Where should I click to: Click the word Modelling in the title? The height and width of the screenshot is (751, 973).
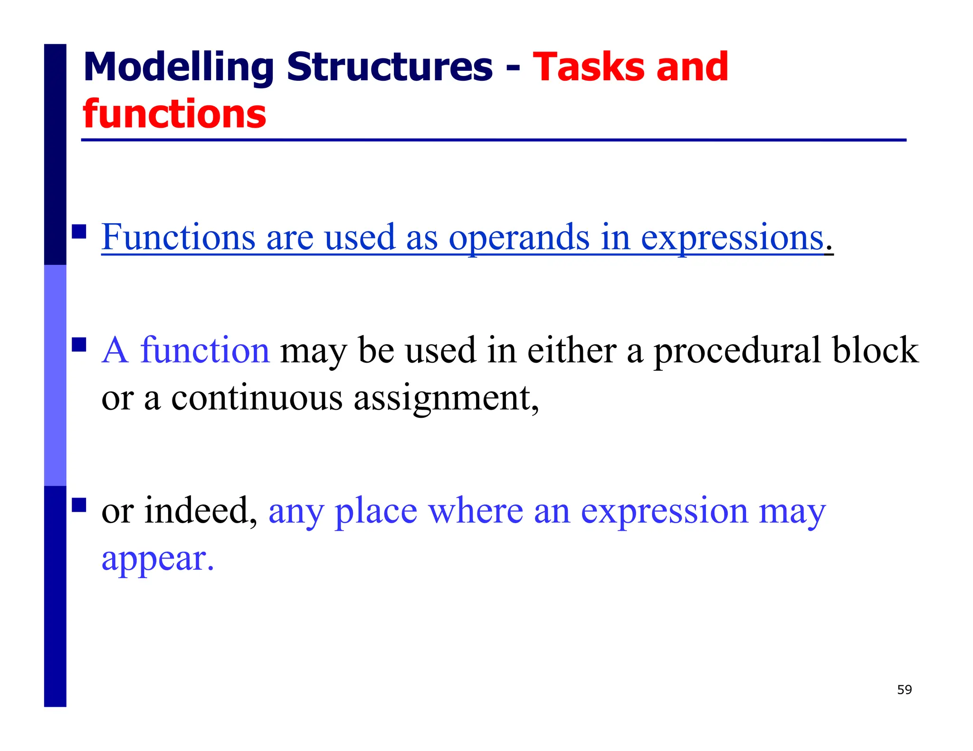(178, 67)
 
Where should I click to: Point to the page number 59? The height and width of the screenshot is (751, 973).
(904, 690)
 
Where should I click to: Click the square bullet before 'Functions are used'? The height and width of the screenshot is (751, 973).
(79, 232)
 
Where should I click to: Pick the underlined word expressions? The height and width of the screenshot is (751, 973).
(732, 237)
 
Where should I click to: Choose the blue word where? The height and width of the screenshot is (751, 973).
(475, 511)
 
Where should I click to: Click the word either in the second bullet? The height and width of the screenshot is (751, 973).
(572, 350)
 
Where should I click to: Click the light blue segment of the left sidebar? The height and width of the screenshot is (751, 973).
(55, 375)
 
